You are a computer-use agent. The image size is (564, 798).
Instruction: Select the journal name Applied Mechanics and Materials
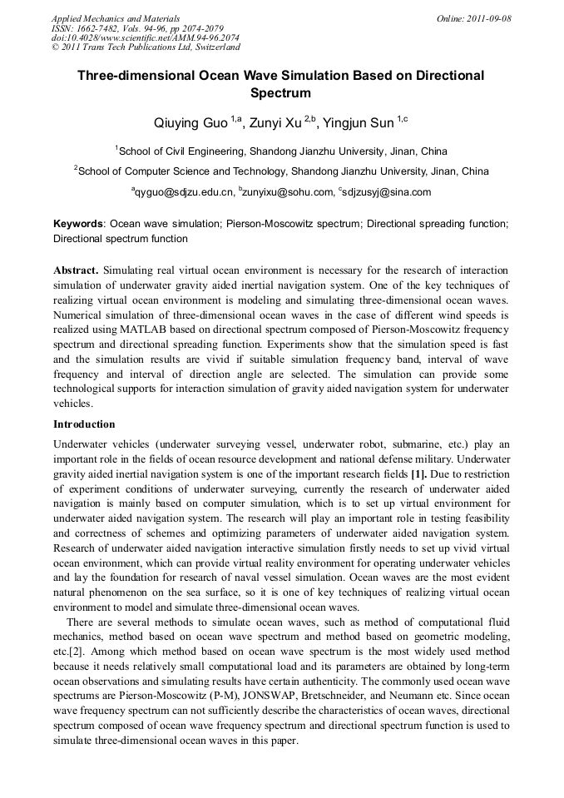[116, 17]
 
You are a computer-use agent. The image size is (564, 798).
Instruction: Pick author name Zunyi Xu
[275, 124]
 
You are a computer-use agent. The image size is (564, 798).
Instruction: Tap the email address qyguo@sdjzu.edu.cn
[185, 192]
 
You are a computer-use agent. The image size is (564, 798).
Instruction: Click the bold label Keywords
[78, 225]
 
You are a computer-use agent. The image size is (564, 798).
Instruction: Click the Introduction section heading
[84, 424]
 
